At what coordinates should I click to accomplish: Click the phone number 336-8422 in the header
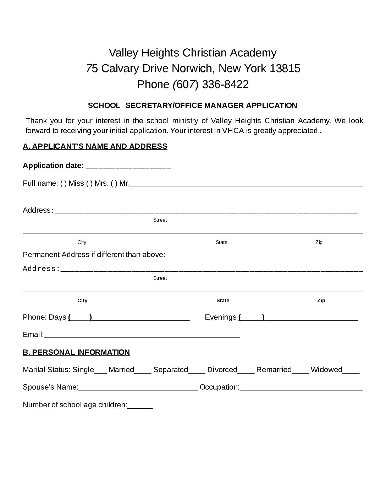[x=225, y=85]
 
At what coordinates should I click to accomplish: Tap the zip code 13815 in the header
[x=285, y=68]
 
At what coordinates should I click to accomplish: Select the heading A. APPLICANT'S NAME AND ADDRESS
[x=95, y=146]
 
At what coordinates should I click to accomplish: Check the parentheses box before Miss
[x=63, y=183]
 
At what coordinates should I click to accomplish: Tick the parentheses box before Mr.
[x=114, y=183]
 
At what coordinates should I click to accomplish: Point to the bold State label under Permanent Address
[x=223, y=300]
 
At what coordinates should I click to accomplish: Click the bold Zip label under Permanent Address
[x=321, y=300]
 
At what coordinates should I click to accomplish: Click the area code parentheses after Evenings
[x=252, y=317]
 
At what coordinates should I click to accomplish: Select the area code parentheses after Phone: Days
[x=80, y=317]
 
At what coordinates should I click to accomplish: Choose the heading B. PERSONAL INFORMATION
[x=76, y=352]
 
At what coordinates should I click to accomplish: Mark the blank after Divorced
[x=246, y=371]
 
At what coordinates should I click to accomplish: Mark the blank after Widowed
[x=351, y=371]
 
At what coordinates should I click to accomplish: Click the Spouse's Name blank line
[x=138, y=388]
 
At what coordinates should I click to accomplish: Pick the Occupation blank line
[x=301, y=388]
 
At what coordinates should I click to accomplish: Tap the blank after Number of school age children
[x=140, y=406]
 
